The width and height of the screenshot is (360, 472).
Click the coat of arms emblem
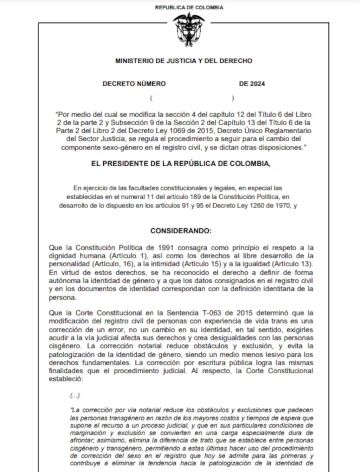pos(189,29)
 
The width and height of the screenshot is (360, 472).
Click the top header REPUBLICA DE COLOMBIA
pos(189,7)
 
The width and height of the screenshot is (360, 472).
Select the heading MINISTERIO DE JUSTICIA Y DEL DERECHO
pos(184,61)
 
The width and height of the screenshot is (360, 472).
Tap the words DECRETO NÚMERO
pos(134,84)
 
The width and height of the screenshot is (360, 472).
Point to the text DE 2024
pos(252,84)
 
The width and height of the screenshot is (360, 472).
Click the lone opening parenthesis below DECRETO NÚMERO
pos(151,98)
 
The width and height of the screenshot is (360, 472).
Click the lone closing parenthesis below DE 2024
pos(233,98)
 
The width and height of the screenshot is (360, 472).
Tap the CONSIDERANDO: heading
pos(181,231)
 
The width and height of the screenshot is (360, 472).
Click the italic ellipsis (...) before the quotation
pos(75,396)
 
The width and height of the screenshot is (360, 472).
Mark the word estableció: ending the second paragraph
pos(66,379)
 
